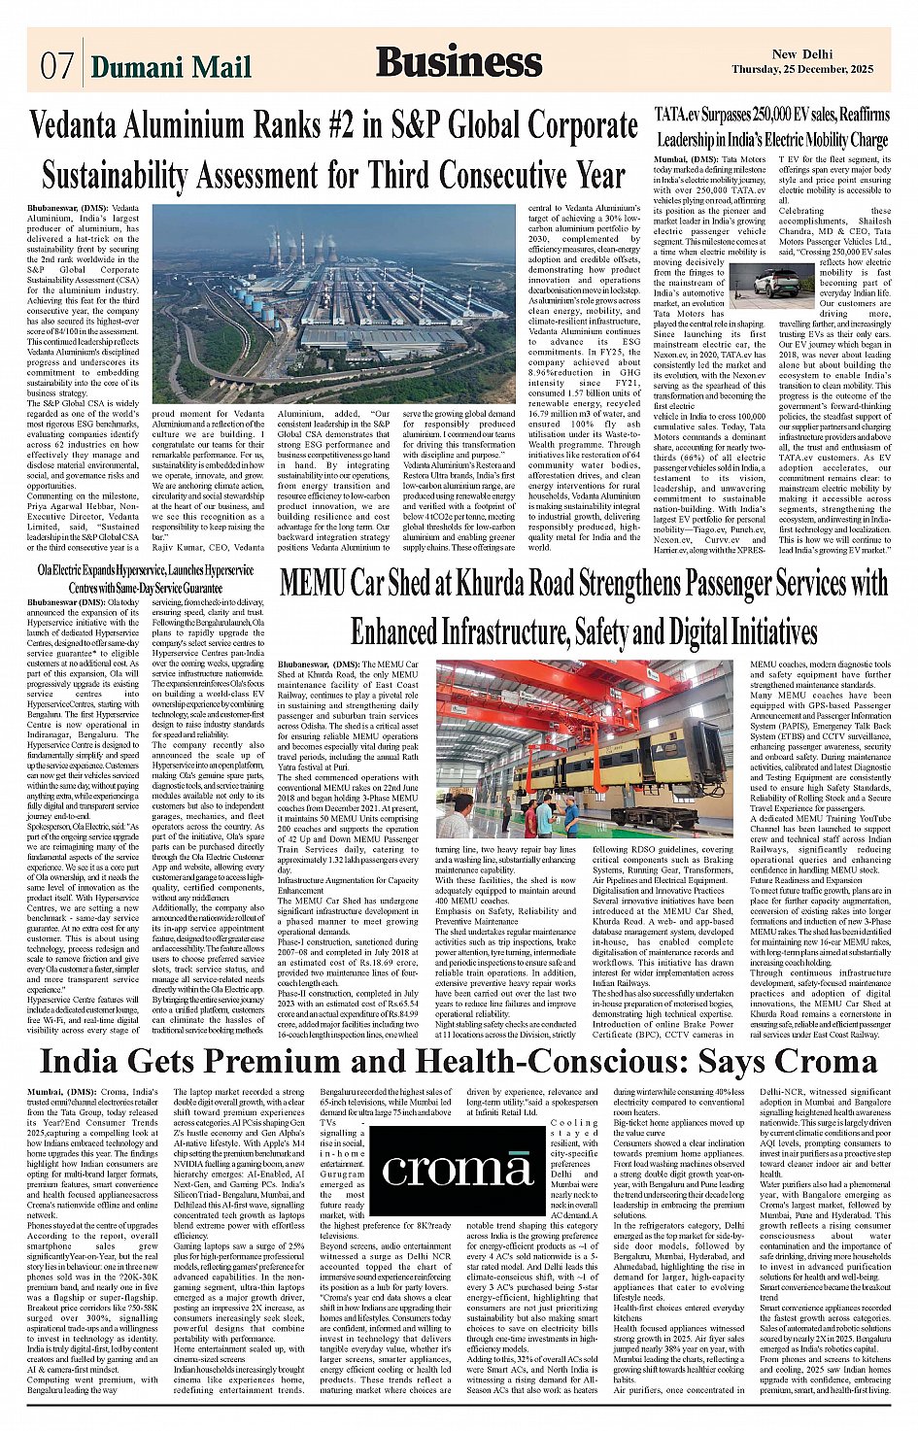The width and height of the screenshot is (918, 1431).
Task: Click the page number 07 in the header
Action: point(56,67)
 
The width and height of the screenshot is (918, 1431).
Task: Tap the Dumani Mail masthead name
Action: point(171,67)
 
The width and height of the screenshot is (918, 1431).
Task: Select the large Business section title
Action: point(459,62)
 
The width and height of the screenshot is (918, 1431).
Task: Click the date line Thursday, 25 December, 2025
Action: point(816,70)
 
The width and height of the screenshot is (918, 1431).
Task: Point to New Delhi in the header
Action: point(802,55)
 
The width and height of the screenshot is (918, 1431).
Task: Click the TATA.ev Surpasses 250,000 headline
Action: point(771,115)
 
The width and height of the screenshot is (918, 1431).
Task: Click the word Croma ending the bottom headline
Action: point(827,1061)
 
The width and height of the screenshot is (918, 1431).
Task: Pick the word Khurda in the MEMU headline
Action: point(496,583)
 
